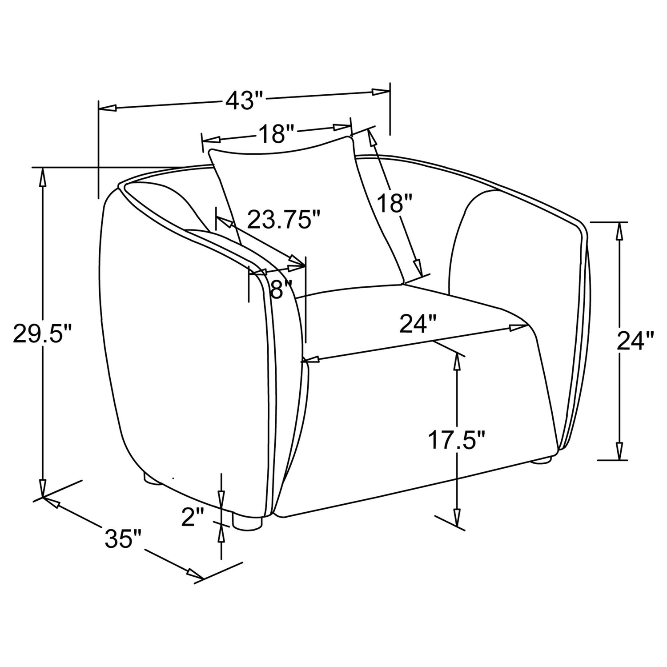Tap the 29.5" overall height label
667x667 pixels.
[43, 334]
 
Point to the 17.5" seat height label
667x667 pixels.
[456, 440]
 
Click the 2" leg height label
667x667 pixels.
[193, 517]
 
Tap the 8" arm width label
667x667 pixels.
[281, 289]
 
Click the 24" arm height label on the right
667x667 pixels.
[635, 341]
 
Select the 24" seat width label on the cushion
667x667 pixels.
[418, 324]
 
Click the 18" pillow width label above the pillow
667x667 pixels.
[277, 134]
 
